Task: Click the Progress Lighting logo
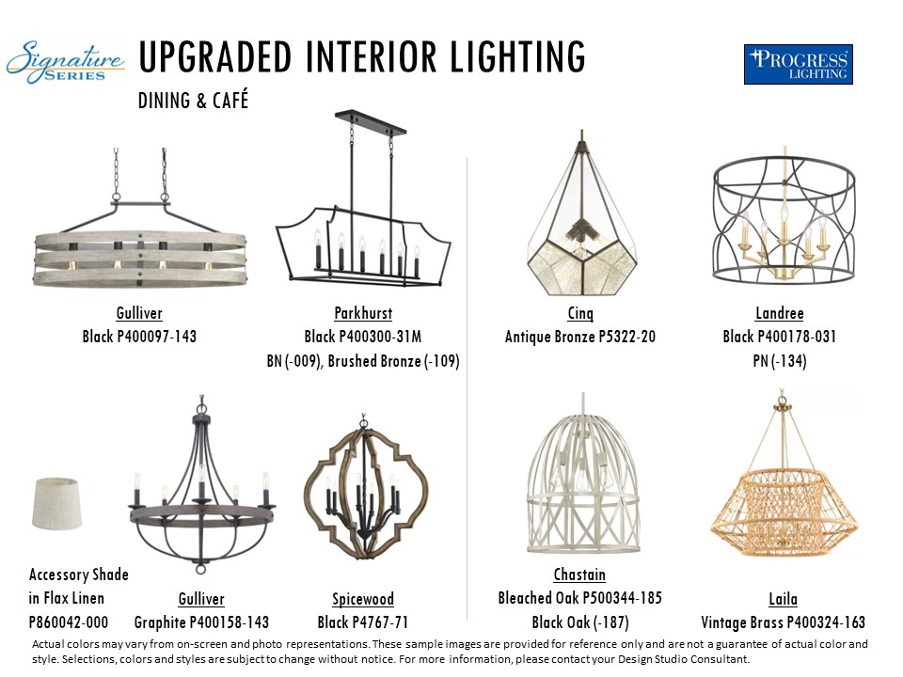[x=799, y=65]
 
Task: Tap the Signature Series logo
[x=65, y=62]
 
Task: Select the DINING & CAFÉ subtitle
[x=193, y=101]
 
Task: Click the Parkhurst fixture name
[x=363, y=313]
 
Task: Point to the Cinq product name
[x=580, y=313]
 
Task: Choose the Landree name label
[x=780, y=313]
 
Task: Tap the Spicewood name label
[x=363, y=599]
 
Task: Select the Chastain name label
[x=580, y=575]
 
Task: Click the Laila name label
[x=784, y=599]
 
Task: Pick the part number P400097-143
[x=157, y=337]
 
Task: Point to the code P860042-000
[x=69, y=622]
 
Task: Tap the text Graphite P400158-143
[x=201, y=622]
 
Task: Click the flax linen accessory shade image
[x=56, y=503]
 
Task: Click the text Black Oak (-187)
[x=580, y=622]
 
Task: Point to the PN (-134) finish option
[x=780, y=361]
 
